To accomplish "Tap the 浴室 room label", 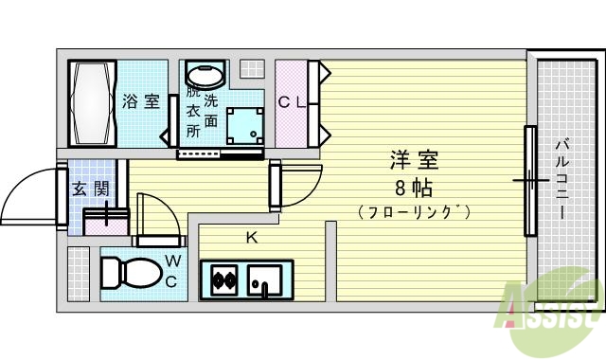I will pyautogui.click(x=141, y=101).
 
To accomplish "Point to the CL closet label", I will pyautogui.click(x=291, y=102).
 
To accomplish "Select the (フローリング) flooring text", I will pyautogui.click(x=415, y=210).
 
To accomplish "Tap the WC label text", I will pyautogui.click(x=173, y=270).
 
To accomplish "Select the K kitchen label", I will pyautogui.click(x=252, y=238).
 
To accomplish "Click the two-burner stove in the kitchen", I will pyautogui.click(x=224, y=280).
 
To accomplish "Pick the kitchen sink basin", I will pyautogui.click(x=262, y=280).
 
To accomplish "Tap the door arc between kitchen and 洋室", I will pyautogui.click(x=295, y=186).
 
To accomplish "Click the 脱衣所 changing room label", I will pyautogui.click(x=193, y=112).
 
